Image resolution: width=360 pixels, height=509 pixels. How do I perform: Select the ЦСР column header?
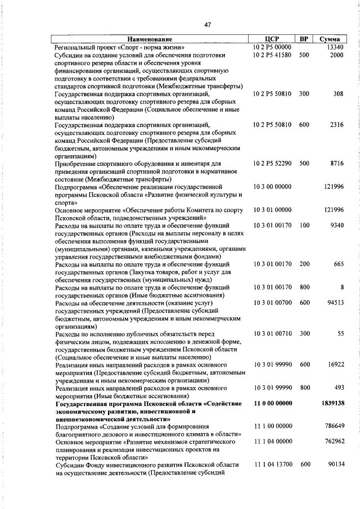tap(272, 39)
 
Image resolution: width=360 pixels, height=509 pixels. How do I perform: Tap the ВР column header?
tap(304, 39)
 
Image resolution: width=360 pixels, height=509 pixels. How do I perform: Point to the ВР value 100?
tap(304, 225)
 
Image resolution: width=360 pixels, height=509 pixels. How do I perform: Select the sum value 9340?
tap(336, 225)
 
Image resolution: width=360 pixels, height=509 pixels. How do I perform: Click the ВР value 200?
tap(304, 264)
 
